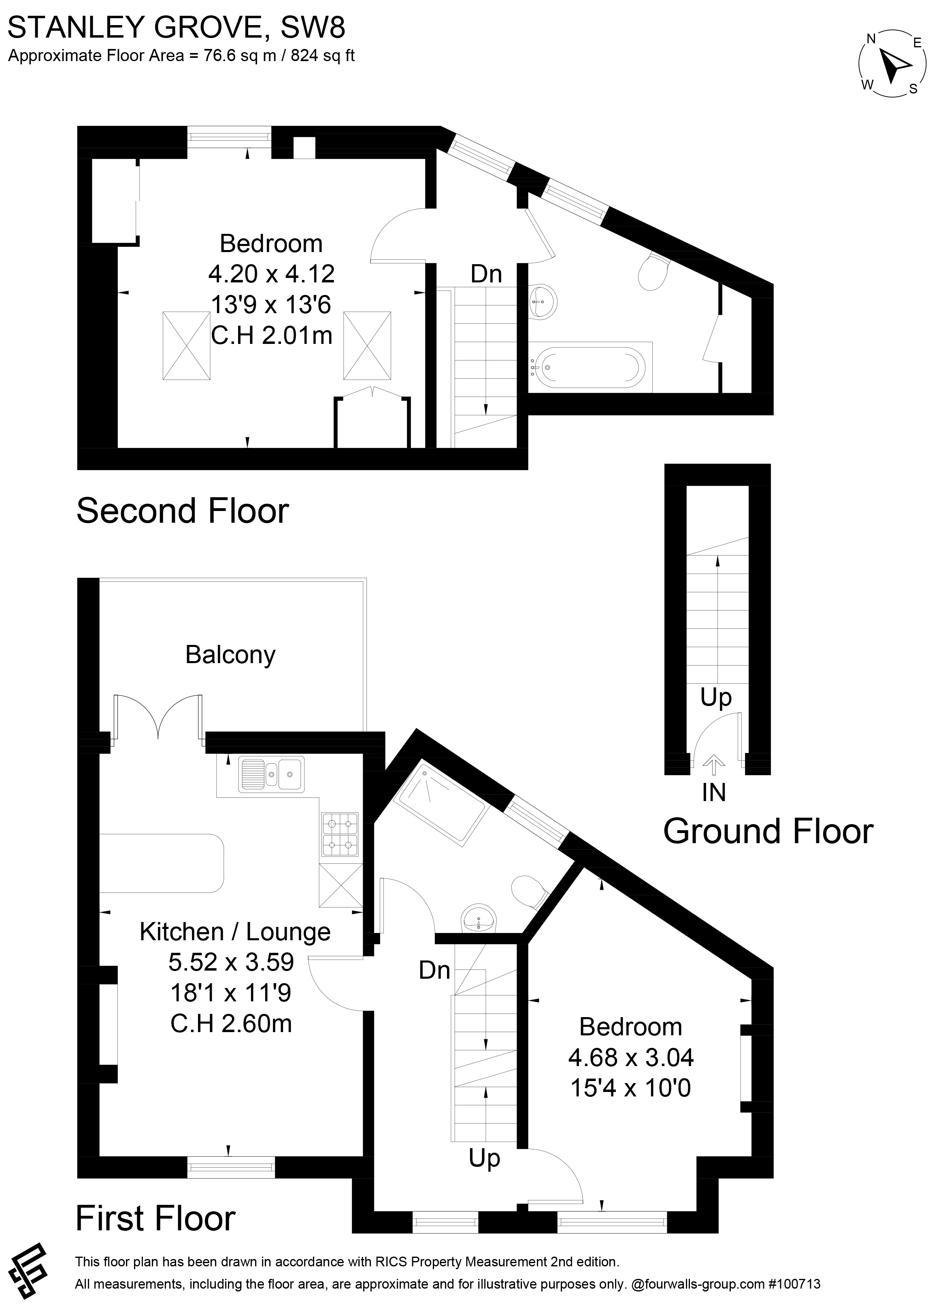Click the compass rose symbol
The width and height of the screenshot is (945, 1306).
(x=892, y=64)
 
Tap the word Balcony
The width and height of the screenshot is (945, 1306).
(x=230, y=655)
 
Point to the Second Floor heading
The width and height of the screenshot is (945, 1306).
(x=182, y=511)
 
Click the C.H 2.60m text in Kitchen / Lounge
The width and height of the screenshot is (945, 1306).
(x=231, y=1023)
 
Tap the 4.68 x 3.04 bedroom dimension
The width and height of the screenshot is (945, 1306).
(x=630, y=1057)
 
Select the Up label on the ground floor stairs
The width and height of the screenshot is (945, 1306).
(x=716, y=698)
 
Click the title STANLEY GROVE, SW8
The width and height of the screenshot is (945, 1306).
(x=176, y=27)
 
